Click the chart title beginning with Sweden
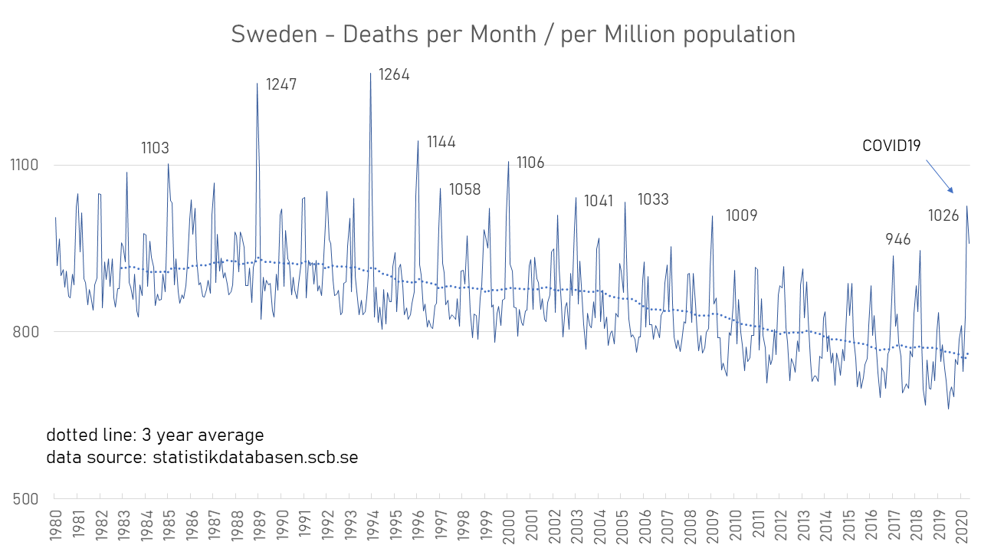click(x=513, y=34)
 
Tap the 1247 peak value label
click(x=281, y=85)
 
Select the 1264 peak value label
click(x=395, y=74)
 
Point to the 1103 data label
click(x=155, y=149)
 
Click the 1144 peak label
click(x=441, y=142)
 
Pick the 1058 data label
click(x=464, y=190)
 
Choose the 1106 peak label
click(x=530, y=163)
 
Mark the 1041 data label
click(x=599, y=202)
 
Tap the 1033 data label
click(x=653, y=200)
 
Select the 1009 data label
click(x=741, y=215)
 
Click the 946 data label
click(x=898, y=240)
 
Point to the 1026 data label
click(x=943, y=216)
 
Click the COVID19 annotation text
click(x=891, y=146)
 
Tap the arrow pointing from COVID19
click(x=940, y=176)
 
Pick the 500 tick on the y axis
click(x=27, y=499)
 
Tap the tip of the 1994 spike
click(x=371, y=74)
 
